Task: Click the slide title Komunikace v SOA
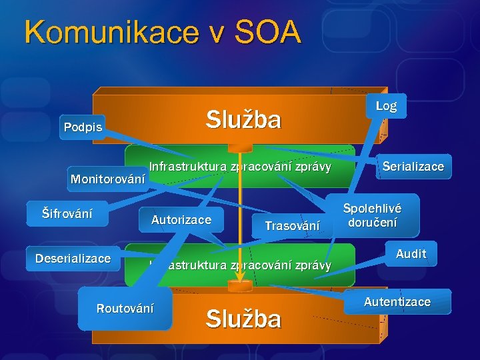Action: tap(163, 32)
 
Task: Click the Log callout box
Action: tap(386, 106)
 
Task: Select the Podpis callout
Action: tap(83, 127)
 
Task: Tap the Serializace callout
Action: tap(413, 166)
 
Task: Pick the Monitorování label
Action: tap(108, 179)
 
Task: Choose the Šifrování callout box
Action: tap(67, 214)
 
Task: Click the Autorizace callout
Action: tap(181, 220)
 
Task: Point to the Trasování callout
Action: tap(292, 225)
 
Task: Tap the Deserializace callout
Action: tap(73, 259)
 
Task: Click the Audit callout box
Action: tap(411, 253)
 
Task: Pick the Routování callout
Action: tap(125, 308)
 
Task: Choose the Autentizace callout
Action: tap(397, 301)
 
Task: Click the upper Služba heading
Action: tap(243, 120)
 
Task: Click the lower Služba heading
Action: tap(243, 319)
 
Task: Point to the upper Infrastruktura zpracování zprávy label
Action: tap(240, 166)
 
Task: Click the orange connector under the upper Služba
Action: tap(237, 148)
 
